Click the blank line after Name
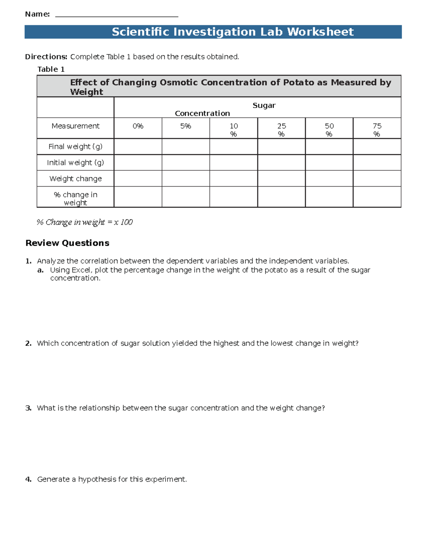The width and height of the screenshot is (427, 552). [117, 16]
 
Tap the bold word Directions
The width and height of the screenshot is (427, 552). [46, 57]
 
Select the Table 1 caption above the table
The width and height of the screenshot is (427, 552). [51, 69]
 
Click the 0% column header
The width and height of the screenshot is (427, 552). [138, 126]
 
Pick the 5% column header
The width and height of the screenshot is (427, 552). [185, 126]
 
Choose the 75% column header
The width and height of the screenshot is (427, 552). [377, 130]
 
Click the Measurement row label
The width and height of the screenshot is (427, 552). [75, 126]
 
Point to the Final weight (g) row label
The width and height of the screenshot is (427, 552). [75, 146]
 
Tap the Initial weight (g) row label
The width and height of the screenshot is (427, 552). [75, 162]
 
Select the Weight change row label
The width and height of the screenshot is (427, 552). [75, 179]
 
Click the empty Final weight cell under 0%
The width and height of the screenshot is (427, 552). [138, 146]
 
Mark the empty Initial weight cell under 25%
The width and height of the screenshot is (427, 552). [281, 162]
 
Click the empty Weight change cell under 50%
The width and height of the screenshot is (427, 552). [329, 179]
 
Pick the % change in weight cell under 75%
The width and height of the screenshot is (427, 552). [377, 197]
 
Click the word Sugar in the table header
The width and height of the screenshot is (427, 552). [264, 106]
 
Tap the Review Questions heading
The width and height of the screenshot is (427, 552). [67, 243]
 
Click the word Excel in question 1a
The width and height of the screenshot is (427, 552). [81, 270]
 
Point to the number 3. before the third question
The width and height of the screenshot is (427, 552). [28, 408]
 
